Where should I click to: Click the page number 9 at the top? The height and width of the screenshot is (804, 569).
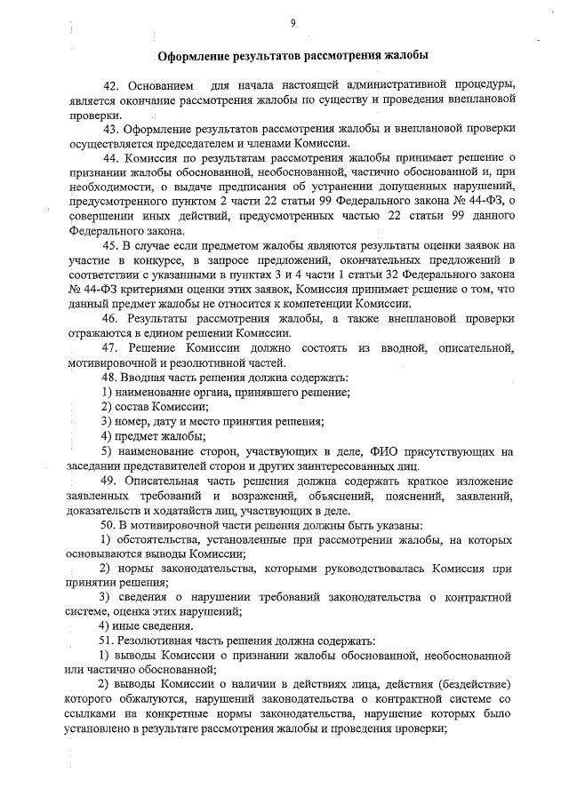pos(293,22)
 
